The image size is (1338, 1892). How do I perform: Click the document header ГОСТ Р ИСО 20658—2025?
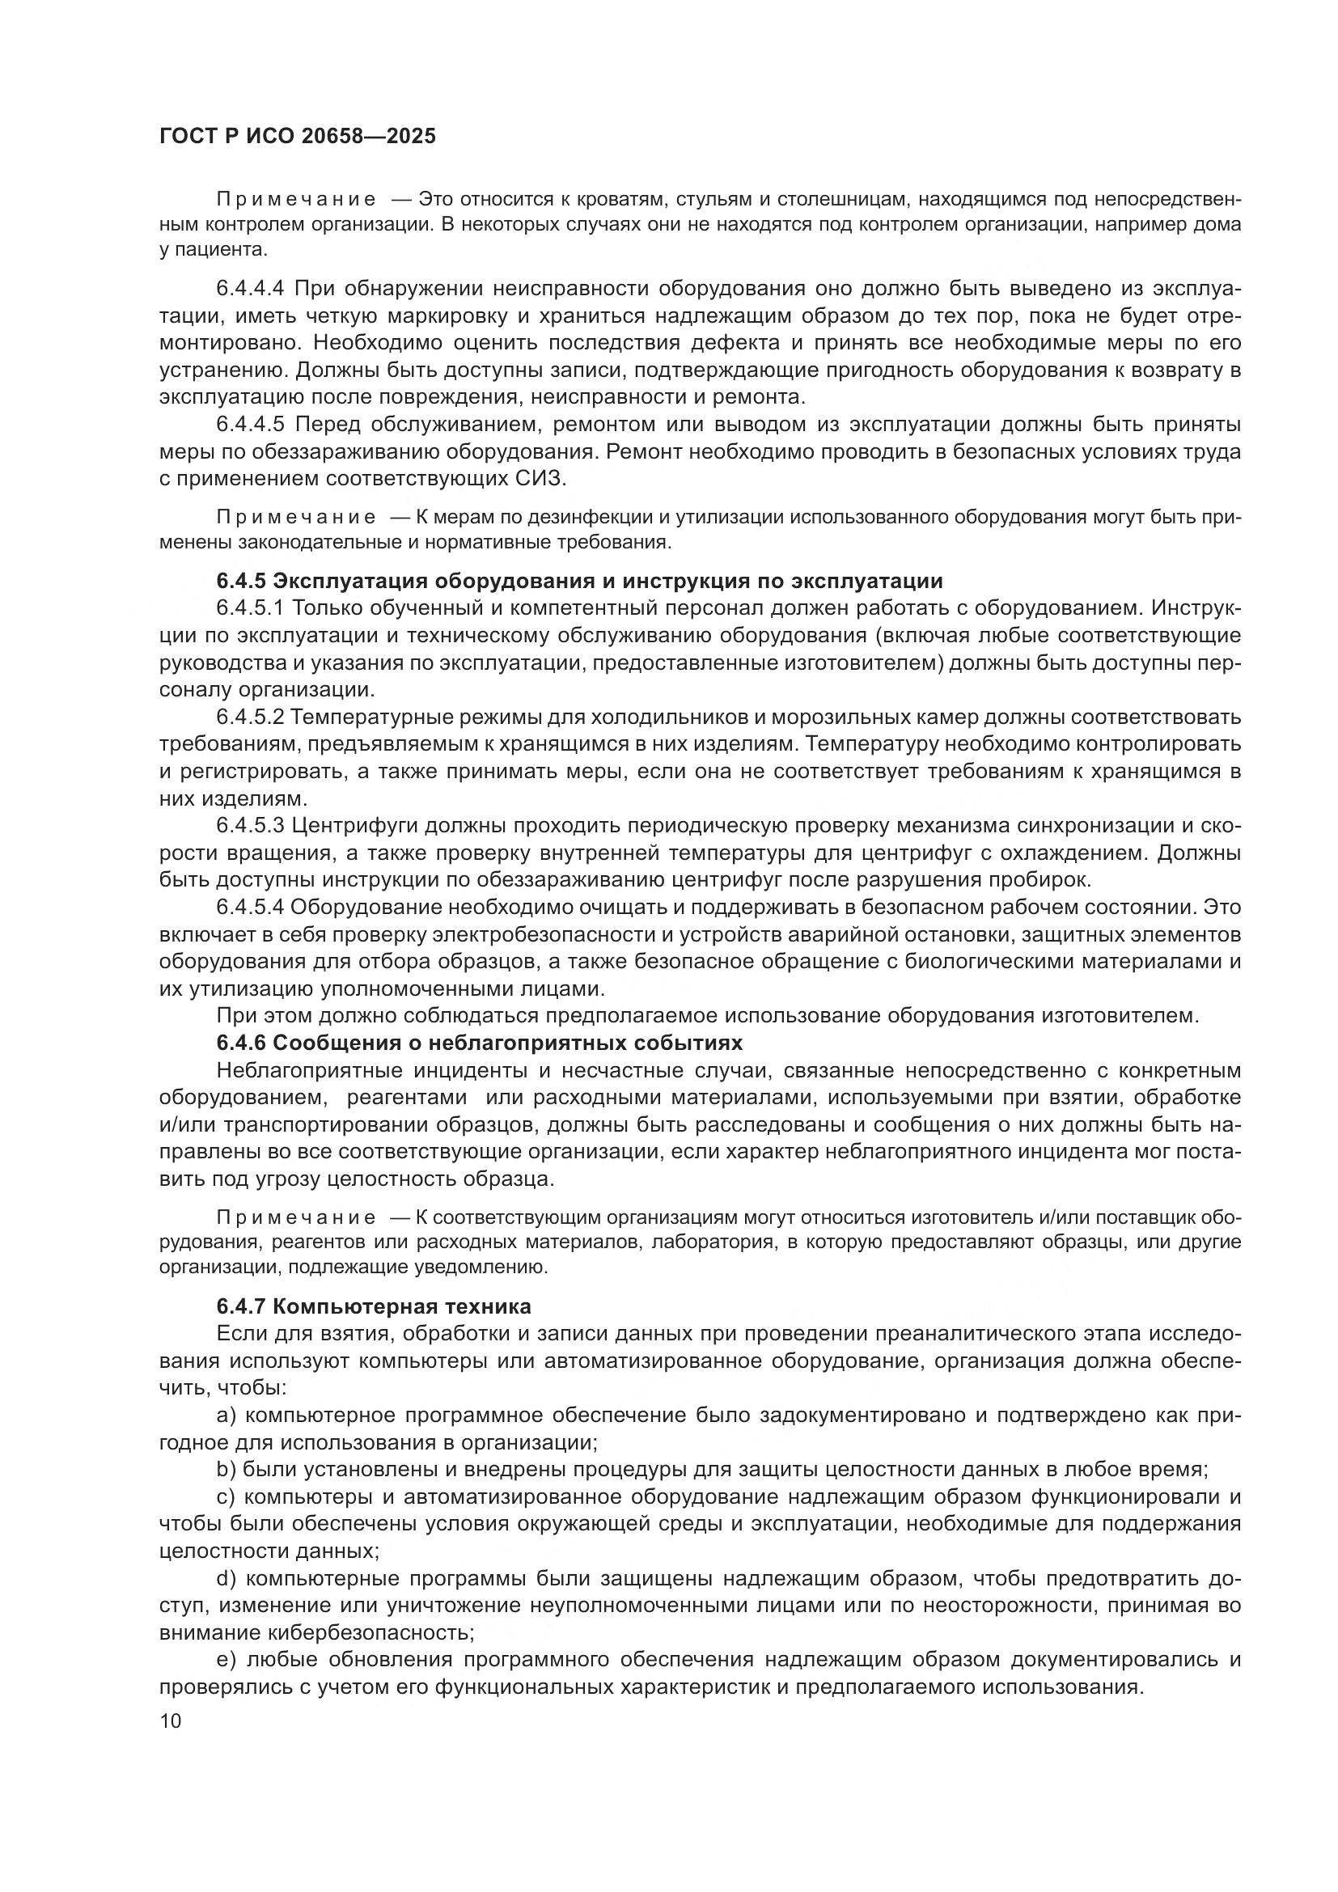[298, 136]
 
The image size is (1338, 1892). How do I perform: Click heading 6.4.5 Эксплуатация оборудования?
[579, 581]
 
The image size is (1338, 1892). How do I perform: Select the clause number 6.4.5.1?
[250, 608]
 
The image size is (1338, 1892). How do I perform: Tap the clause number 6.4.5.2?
[250, 717]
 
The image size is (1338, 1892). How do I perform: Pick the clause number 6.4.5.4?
[250, 908]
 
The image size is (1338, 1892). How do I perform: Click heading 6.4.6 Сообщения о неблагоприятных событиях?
[479, 1043]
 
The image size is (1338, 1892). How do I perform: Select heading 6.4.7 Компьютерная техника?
[373, 1306]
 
